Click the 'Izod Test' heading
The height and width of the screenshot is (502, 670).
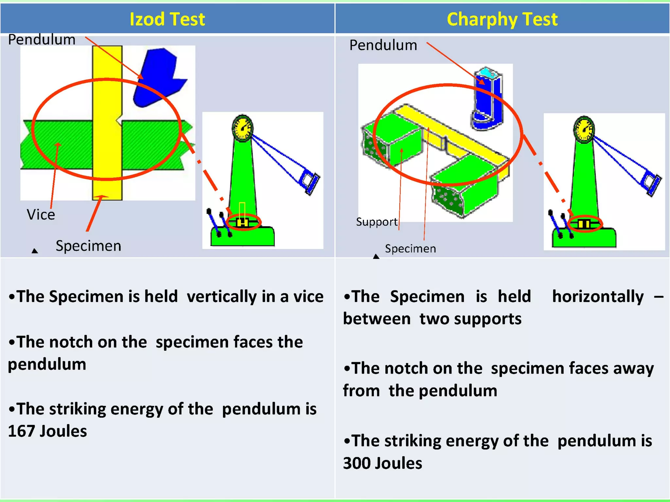167,19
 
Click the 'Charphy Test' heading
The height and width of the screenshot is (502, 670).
502,19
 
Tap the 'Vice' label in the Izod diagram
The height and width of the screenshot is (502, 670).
41,215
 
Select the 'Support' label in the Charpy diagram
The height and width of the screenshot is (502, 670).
377,222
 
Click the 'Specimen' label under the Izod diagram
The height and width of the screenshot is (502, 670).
88,246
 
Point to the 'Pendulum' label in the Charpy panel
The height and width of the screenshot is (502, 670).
383,45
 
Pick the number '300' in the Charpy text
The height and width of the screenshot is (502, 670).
357,463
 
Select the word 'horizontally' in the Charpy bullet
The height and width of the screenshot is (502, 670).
598,297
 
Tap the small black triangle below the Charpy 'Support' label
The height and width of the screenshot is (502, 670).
376,257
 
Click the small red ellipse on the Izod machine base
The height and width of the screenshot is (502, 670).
244,223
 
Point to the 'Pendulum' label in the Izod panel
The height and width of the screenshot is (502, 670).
42,40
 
